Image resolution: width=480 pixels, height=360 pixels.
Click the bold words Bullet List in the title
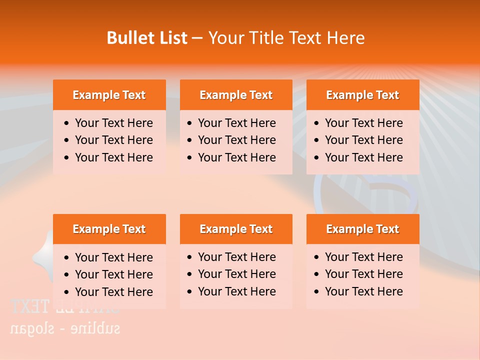point(147,38)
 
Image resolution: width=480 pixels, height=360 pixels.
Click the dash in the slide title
point(197,38)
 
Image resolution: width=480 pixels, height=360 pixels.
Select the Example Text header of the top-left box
point(109,95)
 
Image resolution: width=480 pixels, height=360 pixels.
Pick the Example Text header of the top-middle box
point(236,95)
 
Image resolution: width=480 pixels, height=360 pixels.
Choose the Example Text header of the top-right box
point(362,95)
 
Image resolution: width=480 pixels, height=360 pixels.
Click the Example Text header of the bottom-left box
point(109,229)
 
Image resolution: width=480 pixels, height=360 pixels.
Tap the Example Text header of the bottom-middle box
point(236,229)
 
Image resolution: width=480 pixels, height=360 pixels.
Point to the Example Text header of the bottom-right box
point(362,229)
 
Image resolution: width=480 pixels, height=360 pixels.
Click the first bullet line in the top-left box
point(113,123)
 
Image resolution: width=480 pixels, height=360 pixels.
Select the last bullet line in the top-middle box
point(236,157)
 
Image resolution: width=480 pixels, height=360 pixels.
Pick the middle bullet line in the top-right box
point(363,140)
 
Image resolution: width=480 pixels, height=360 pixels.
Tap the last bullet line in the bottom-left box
point(113,292)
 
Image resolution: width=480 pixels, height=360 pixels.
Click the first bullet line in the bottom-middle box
point(236,257)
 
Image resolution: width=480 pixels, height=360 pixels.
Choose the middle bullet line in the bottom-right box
point(363,274)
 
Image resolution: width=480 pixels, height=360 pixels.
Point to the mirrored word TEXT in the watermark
point(30,306)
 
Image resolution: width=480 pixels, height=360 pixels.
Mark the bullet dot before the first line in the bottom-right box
point(316,257)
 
